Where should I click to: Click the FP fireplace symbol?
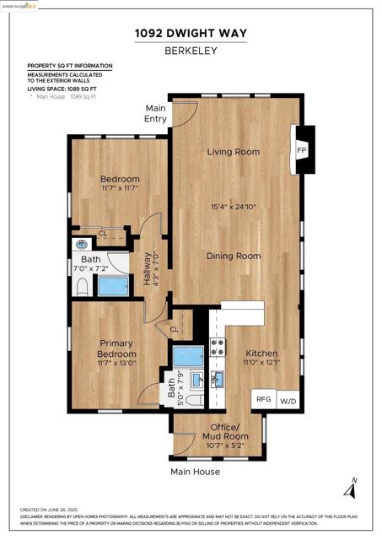[x=302, y=150]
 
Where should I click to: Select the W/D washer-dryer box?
[x=288, y=400]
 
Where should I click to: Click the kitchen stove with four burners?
[x=218, y=348]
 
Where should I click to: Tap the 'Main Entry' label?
[x=156, y=113]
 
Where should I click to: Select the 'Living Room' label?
[x=234, y=152]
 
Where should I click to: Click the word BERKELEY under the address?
[x=191, y=50]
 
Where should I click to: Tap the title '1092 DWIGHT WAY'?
[x=191, y=33]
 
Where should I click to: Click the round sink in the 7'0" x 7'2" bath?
[x=82, y=246]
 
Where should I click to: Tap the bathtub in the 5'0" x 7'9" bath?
[x=188, y=355]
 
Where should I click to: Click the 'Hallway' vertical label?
[x=147, y=268]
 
